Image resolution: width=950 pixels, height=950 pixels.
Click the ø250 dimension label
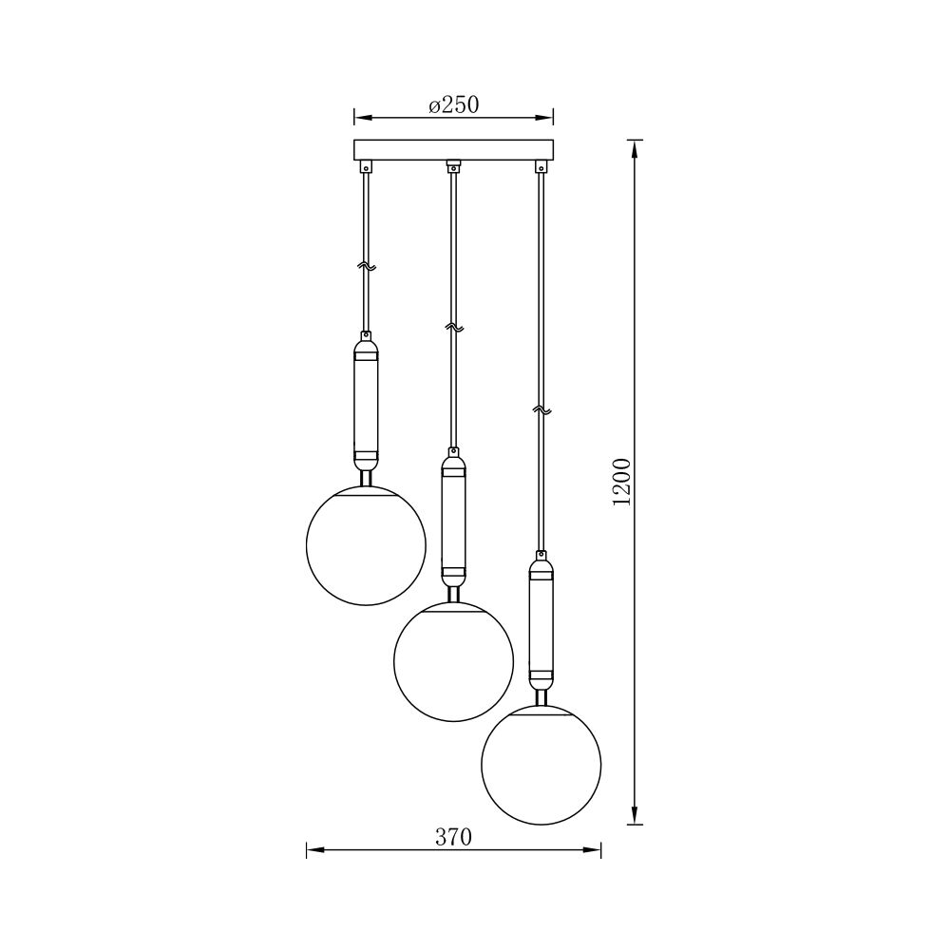click(454, 104)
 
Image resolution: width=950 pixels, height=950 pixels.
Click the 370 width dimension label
click(453, 837)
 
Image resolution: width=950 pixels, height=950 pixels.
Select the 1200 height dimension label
click(622, 483)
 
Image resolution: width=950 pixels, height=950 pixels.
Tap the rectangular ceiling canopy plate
click(454, 150)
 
